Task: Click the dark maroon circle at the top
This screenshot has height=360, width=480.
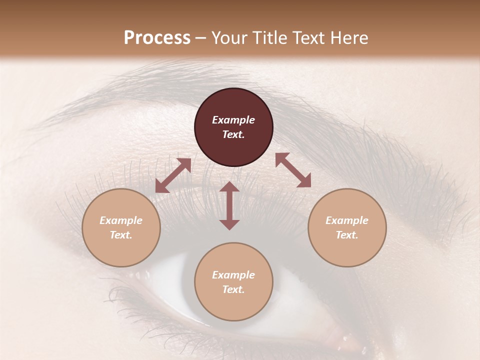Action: (x=233, y=127)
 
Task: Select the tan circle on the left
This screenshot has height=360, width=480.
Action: (x=121, y=227)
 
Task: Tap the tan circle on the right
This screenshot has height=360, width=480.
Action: (x=347, y=227)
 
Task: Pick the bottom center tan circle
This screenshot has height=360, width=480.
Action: (x=233, y=282)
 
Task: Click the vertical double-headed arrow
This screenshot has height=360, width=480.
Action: (x=229, y=205)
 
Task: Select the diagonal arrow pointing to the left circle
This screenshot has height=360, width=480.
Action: (x=173, y=175)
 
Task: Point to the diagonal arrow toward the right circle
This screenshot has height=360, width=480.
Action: (x=293, y=170)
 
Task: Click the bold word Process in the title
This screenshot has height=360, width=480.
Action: (x=157, y=38)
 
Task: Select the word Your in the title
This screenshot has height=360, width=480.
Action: (x=228, y=38)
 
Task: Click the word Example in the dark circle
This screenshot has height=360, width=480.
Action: (x=233, y=120)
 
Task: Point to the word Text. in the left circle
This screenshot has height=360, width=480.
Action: (x=121, y=235)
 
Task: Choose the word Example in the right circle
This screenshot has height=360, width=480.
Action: (x=347, y=220)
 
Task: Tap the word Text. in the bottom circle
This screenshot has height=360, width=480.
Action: (x=233, y=289)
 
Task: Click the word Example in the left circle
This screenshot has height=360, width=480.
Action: (x=121, y=220)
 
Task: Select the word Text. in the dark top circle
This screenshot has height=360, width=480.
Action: (x=233, y=134)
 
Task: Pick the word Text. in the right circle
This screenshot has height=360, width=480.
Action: (x=347, y=235)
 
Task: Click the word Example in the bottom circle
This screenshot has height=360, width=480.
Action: (x=233, y=275)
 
